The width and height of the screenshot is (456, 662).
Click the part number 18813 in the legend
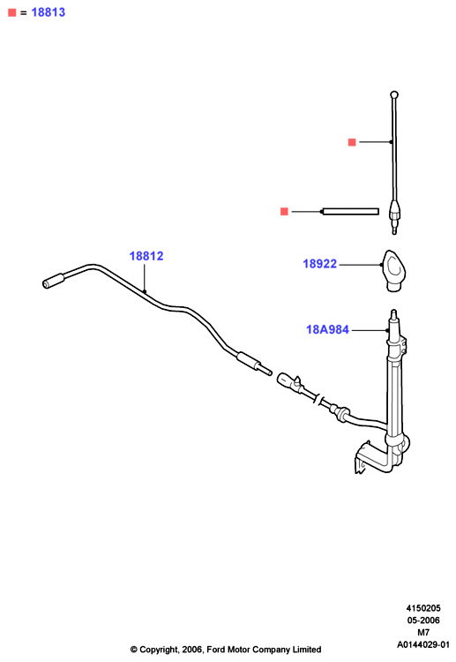(49, 12)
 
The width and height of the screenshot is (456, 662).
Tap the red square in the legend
(11, 12)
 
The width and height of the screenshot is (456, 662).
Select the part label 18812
(146, 256)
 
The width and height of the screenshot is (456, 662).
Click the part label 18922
(320, 264)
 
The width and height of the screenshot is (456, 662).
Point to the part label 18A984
(327, 329)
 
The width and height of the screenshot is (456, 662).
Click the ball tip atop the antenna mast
(394, 94)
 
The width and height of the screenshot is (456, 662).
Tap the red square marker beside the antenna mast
(352, 142)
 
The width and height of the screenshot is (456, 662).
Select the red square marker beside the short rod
(284, 211)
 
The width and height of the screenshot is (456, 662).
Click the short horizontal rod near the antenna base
(350, 212)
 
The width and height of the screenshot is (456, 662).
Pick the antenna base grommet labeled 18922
(394, 270)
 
